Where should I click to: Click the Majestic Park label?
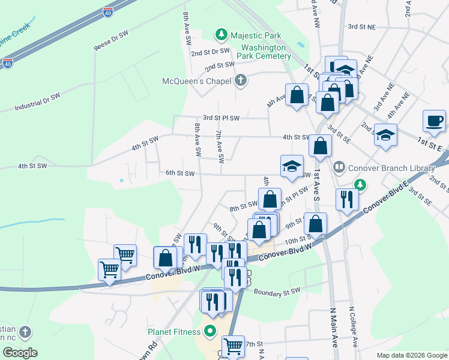(x=256, y=35)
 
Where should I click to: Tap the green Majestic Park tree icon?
(x=222, y=35)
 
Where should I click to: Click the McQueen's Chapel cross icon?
(x=240, y=80)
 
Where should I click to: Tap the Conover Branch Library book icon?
(x=339, y=168)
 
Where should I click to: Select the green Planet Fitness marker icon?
(x=210, y=331)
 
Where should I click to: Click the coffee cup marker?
(x=434, y=120)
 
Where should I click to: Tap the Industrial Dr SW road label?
(x=37, y=102)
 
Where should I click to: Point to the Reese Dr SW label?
(x=111, y=41)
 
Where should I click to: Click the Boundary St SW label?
(x=276, y=292)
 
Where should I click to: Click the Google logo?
(x=20, y=353)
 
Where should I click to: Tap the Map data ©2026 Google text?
(x=411, y=355)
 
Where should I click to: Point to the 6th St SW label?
(x=181, y=173)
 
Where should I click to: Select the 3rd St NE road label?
(x=361, y=27)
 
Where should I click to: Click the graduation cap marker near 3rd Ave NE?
(x=385, y=134)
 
